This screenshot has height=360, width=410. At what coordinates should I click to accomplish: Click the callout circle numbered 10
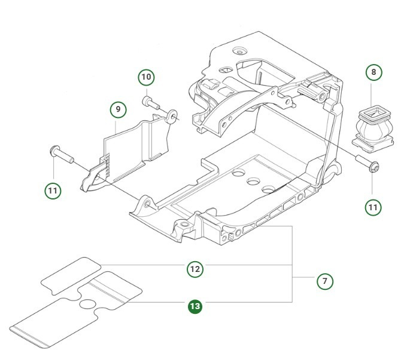point(146,77)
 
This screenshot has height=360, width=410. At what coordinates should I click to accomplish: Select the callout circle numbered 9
point(118,110)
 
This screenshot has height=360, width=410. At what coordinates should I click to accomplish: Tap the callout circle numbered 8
point(374,72)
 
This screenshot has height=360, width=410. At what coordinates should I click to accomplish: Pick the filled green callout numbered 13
point(195,307)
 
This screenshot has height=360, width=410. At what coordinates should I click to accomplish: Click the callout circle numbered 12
point(195,269)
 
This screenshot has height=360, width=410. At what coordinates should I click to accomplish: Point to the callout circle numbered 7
point(324,280)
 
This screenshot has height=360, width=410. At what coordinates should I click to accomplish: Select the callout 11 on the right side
point(373,207)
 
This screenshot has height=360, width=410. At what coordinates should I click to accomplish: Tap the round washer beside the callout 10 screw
point(172,114)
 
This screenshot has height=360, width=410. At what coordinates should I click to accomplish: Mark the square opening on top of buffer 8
point(373,111)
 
